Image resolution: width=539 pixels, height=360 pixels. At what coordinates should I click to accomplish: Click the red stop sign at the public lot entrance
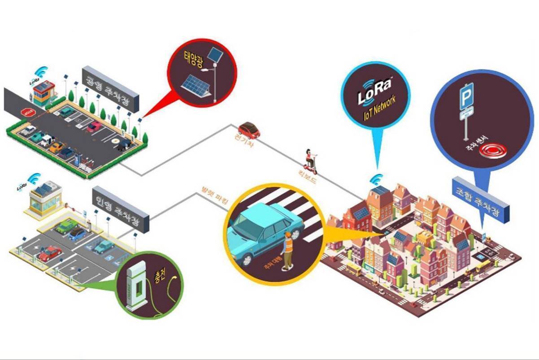(25, 111)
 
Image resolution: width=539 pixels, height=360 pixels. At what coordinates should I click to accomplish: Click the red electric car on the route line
(249, 130)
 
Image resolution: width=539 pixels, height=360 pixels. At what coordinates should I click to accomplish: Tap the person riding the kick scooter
(310, 160)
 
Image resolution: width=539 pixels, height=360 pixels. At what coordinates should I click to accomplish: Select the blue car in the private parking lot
(78, 234)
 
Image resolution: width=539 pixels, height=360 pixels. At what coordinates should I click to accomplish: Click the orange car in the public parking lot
(57, 147)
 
